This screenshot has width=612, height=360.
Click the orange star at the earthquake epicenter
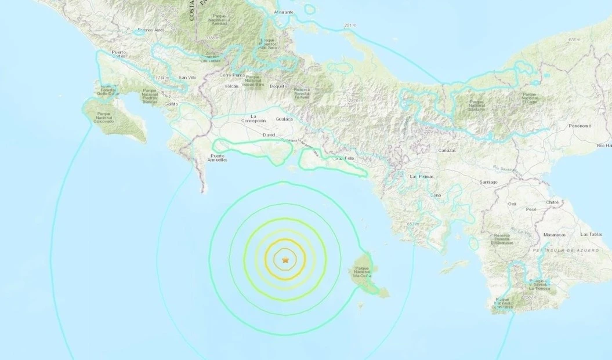pyautogui.click(x=285, y=261)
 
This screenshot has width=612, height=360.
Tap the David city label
pyautogui.click(x=269, y=134)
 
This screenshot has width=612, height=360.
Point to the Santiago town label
pyautogui.click(x=488, y=182)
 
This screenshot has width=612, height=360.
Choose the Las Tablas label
pyautogui.click(x=592, y=234)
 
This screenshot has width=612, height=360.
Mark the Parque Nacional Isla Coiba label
pyautogui.click(x=364, y=272)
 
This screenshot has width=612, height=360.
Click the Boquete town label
pyautogui.click(x=278, y=86)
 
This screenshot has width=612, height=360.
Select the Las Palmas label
pyautogui.click(x=422, y=176)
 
